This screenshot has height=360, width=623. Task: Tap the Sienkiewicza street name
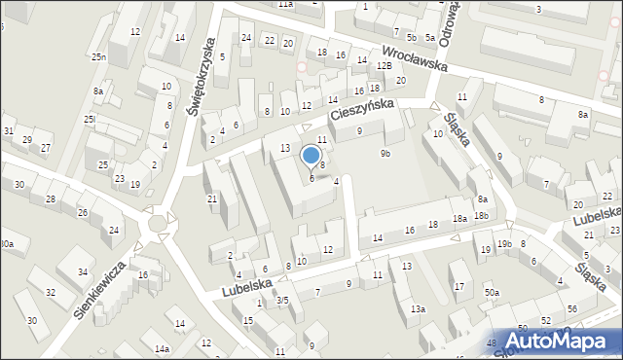click(x=101, y=289)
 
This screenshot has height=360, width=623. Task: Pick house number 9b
click(x=385, y=153)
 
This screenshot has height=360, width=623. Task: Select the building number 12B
click(x=385, y=65)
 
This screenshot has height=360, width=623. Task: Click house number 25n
click(x=98, y=57)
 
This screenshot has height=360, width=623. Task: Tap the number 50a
click(x=493, y=293)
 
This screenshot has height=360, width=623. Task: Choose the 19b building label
click(x=503, y=243)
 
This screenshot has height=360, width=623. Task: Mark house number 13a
click(x=417, y=309)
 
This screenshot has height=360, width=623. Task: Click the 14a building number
click(x=162, y=347)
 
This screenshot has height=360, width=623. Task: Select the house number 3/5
click(x=281, y=301)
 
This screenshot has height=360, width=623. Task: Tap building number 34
click(x=84, y=271)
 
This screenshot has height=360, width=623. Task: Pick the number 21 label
click(x=212, y=198)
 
